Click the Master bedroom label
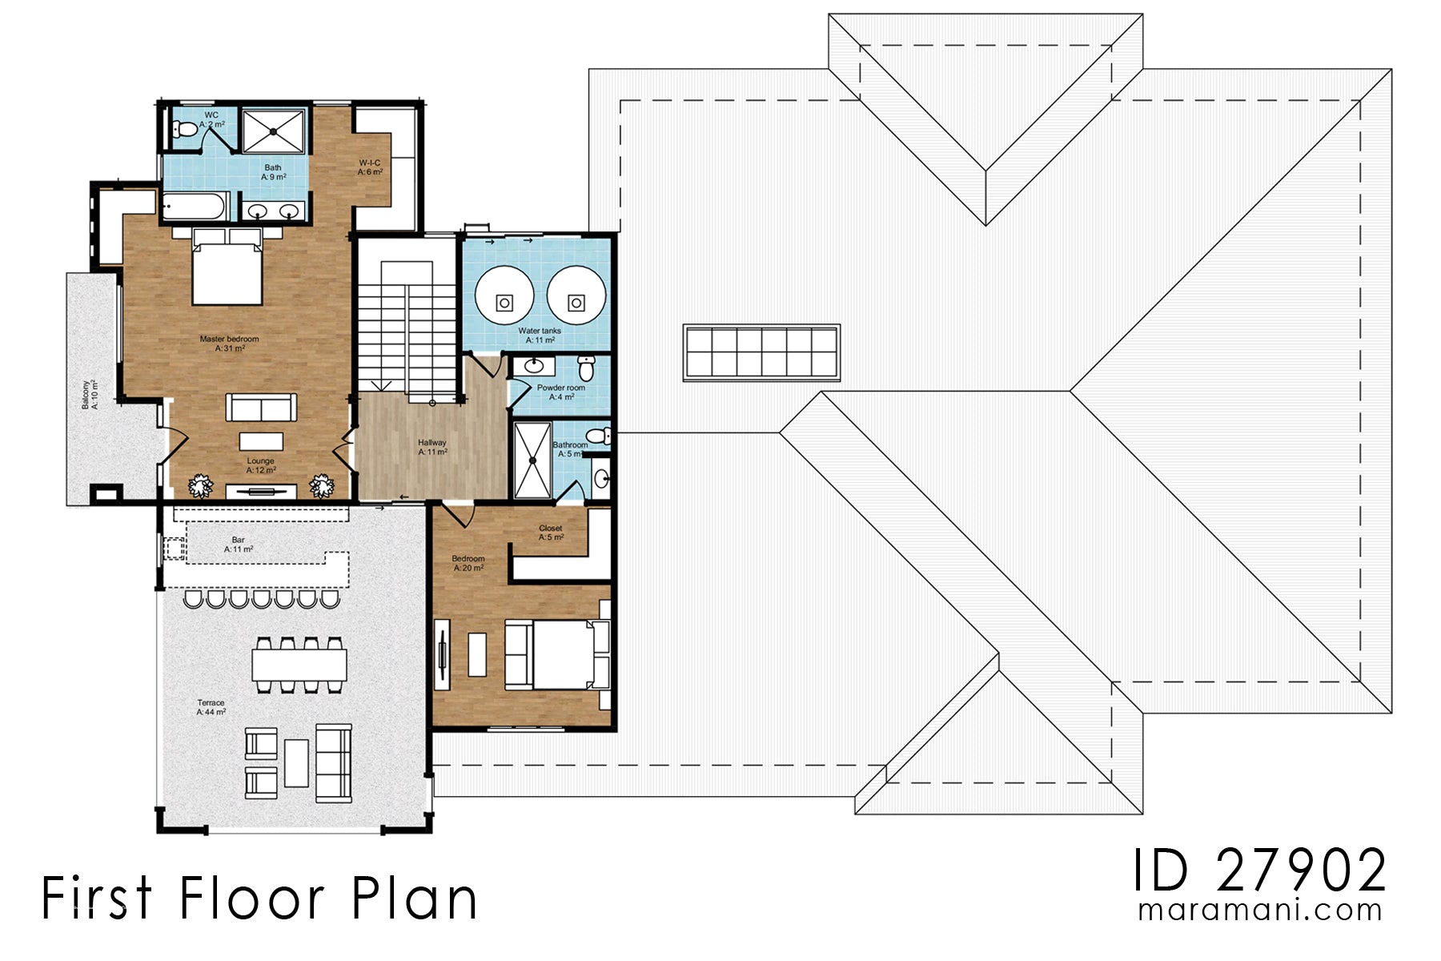[x=229, y=344]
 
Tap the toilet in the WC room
[x=183, y=129]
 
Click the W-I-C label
[x=370, y=167]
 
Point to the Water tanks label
[x=540, y=335]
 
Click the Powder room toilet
[x=587, y=369]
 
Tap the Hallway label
[x=432, y=447]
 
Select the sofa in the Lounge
[x=261, y=407]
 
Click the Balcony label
[x=90, y=395]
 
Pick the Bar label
[x=238, y=545]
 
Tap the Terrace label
[x=211, y=707]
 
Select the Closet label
[x=551, y=533]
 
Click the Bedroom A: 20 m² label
[x=468, y=563]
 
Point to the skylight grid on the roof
[x=761, y=352]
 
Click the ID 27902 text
[x=1259, y=871]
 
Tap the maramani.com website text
[x=1259, y=911]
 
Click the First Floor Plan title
[x=259, y=898]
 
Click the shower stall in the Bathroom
[x=532, y=461]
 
